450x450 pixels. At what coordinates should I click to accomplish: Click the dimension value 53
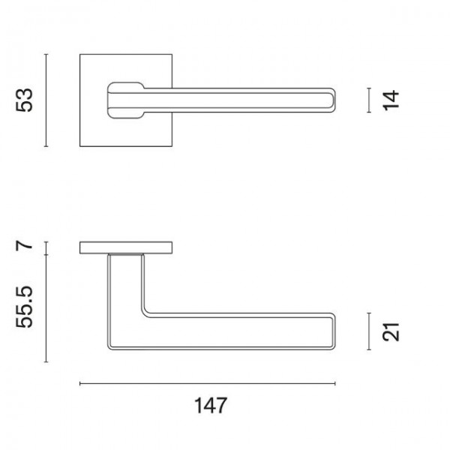point(25,100)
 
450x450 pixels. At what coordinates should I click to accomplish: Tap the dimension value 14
point(391,100)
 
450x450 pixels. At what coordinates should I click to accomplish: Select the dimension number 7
point(24,246)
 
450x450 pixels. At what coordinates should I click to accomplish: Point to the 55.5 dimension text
point(25,307)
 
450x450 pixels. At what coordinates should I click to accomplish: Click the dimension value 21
point(391,332)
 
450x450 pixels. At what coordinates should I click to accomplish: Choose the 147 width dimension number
point(211,405)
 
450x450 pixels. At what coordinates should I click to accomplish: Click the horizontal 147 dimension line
point(208,383)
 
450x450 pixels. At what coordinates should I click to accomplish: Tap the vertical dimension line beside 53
point(46,100)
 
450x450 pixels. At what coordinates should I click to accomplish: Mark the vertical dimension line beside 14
point(369,100)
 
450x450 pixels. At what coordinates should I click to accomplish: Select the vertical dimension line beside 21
point(369,331)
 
